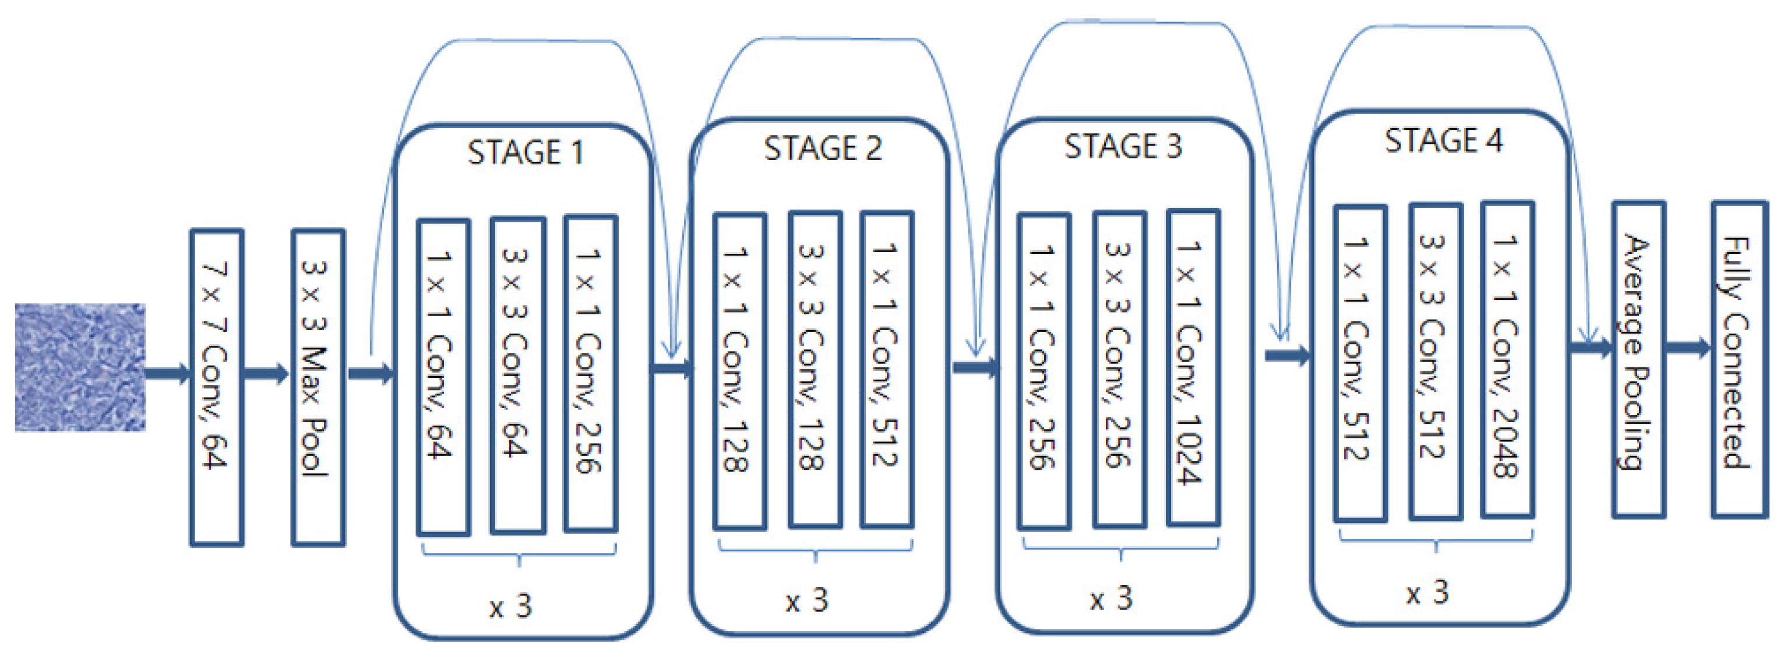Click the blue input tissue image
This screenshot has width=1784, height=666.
(x=80, y=367)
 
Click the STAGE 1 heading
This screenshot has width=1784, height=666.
(x=525, y=153)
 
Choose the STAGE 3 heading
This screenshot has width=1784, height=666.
(x=1122, y=147)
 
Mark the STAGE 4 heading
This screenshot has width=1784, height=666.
(x=1443, y=140)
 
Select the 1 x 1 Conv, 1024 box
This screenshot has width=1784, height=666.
(x=1193, y=367)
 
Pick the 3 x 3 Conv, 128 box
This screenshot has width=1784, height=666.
(x=815, y=370)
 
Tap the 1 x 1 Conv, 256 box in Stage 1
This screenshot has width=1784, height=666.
(x=590, y=374)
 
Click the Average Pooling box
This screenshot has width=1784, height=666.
(x=1638, y=359)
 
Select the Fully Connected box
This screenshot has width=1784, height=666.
(x=1739, y=359)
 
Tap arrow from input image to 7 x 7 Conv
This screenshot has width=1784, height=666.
(x=167, y=373)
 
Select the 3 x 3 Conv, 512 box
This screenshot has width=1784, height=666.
(x=1435, y=362)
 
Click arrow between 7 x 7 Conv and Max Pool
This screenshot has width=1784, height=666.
(x=267, y=374)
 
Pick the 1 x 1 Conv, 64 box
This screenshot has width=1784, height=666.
(x=443, y=377)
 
